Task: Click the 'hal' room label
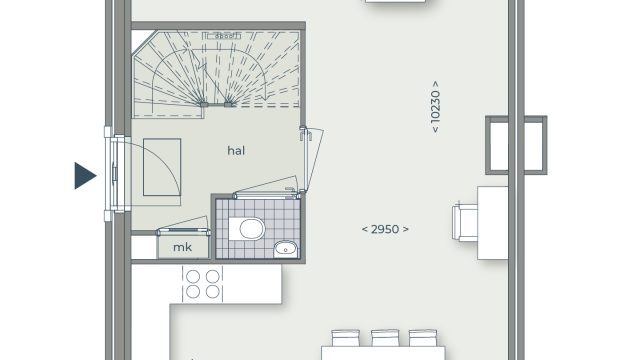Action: pyautogui.click(x=236, y=151)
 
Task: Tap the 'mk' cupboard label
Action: pyautogui.click(x=182, y=247)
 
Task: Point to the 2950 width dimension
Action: pyautogui.click(x=385, y=229)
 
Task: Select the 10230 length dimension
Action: pyautogui.click(x=436, y=107)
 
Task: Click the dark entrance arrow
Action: pyautogui.click(x=85, y=176)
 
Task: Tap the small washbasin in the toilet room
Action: pyautogui.click(x=286, y=249)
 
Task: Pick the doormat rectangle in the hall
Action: pyautogui.click(x=162, y=167)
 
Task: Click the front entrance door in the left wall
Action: pyautogui.click(x=117, y=173)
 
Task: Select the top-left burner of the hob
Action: pyautogui.click(x=193, y=276)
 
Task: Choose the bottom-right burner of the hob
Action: pyautogui.click(x=213, y=292)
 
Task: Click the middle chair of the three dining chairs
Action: pyautogui.click(x=385, y=338)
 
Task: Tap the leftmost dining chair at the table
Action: pyautogui.click(x=346, y=338)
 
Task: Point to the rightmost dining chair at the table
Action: pyautogui.click(x=423, y=338)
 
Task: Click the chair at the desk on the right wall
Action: pyautogui.click(x=465, y=222)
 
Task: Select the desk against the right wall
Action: pyautogui.click(x=493, y=223)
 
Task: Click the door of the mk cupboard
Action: pyautogui.click(x=183, y=232)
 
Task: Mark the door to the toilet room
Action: pyautogui.click(x=266, y=196)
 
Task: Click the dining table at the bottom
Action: pyautogui.click(x=383, y=353)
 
